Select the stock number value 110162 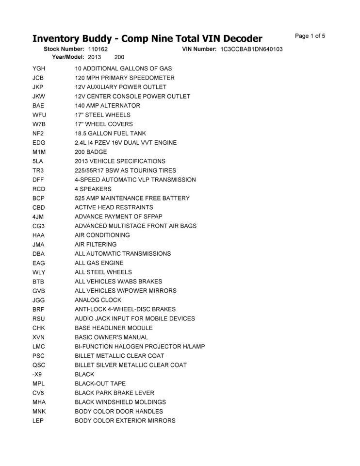tap(98, 50)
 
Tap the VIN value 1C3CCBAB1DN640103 tap(251, 50)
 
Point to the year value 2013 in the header tap(95, 57)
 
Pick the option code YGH tap(38, 68)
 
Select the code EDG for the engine tap(38, 143)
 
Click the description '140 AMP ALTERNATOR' tap(107, 106)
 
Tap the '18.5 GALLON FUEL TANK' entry tap(110, 133)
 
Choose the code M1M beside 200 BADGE tap(38, 152)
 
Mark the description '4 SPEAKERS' tap(93, 189)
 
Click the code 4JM tap(38, 216)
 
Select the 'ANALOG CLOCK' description tap(98, 300)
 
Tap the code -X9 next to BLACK tap(37, 374)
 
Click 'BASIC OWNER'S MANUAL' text tap(111, 337)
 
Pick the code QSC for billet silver tap(38, 365)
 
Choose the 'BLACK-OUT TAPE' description tap(100, 383)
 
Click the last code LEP tap(38, 420)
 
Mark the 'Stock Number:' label tap(64, 50)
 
